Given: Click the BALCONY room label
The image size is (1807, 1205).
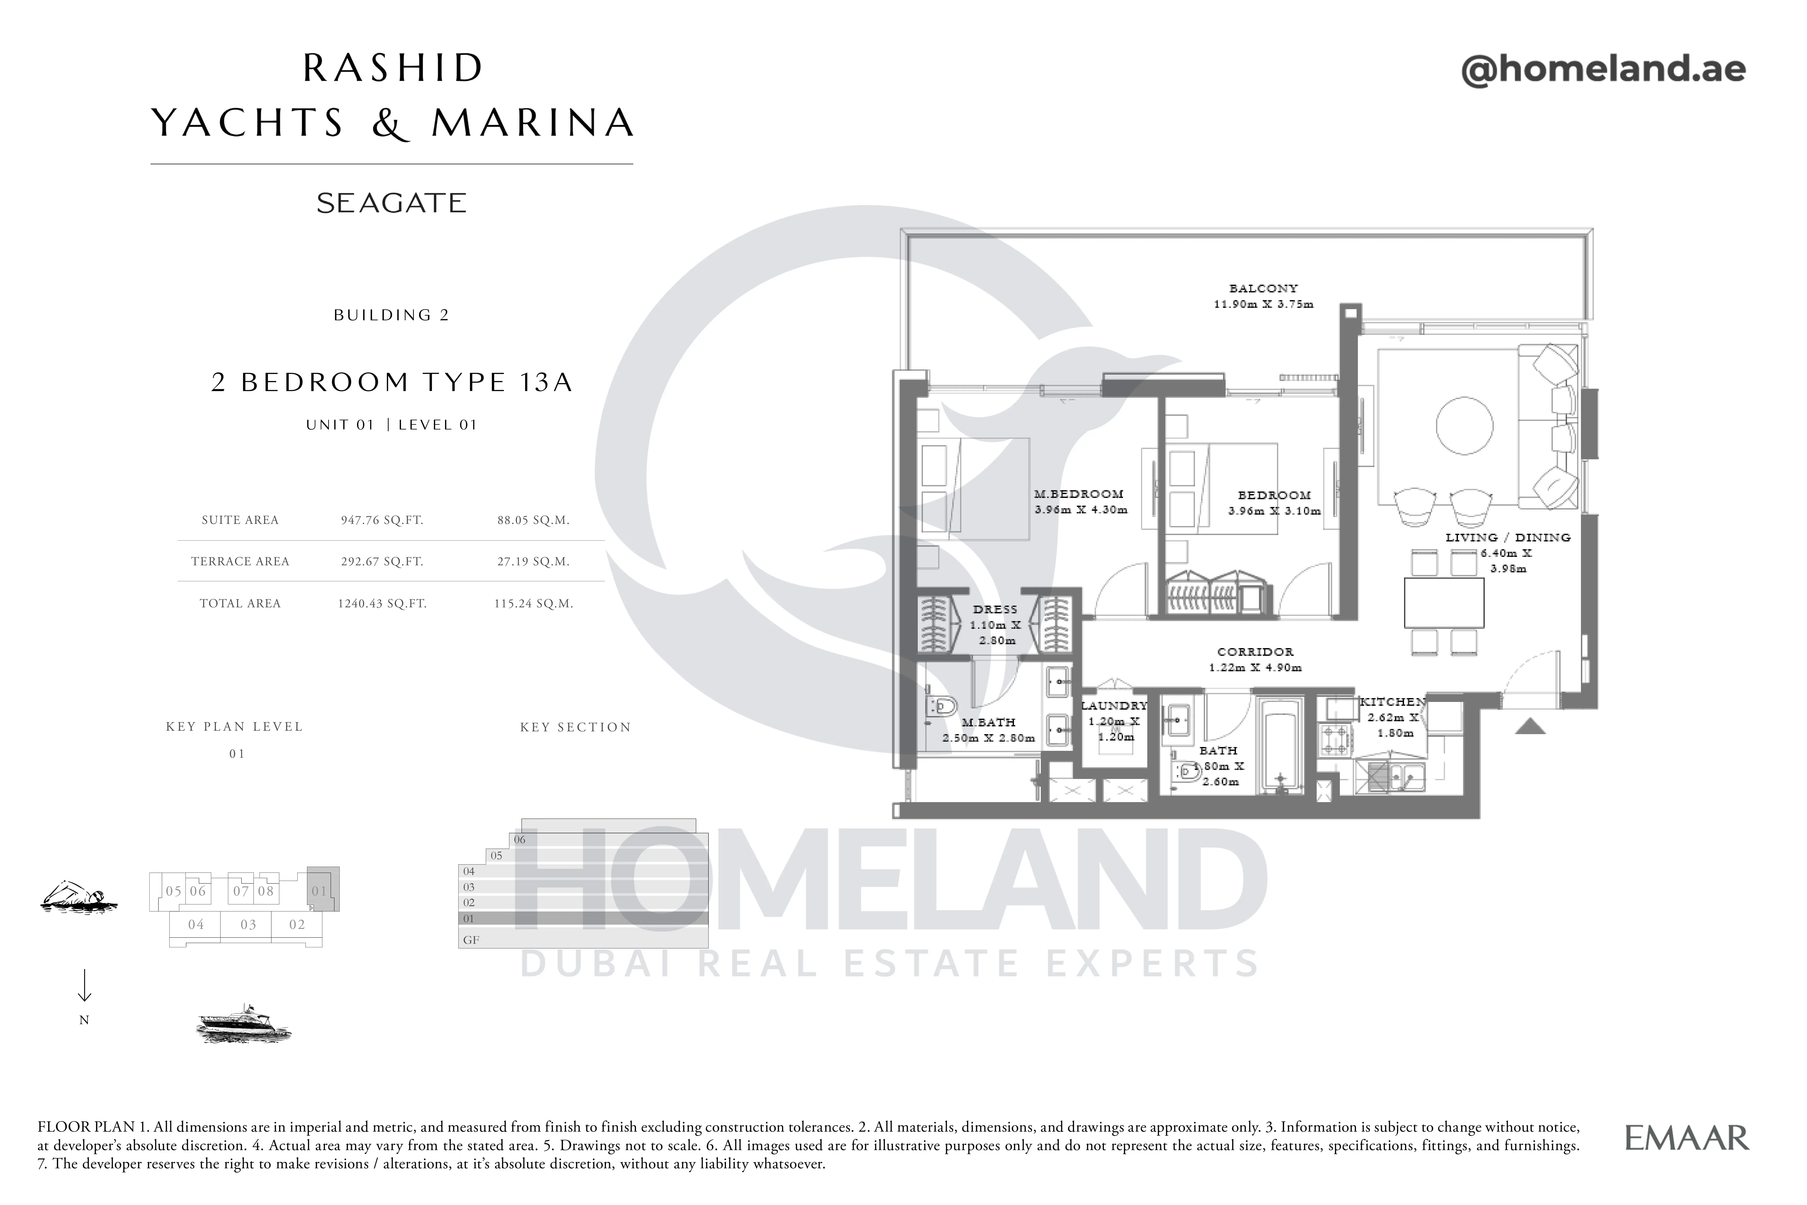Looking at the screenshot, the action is tap(1263, 288).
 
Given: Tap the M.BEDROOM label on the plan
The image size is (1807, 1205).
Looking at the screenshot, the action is tap(1079, 494).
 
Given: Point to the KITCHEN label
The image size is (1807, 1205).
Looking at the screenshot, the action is tap(1392, 702).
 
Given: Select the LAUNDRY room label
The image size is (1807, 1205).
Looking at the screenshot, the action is tap(1114, 706).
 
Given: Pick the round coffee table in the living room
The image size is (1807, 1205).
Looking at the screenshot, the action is tap(1465, 426).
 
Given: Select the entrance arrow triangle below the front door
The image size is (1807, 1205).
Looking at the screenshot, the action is tap(1530, 726).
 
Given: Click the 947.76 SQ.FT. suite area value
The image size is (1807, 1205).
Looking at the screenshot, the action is tap(382, 520).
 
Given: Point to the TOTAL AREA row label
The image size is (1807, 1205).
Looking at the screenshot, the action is tap(240, 603).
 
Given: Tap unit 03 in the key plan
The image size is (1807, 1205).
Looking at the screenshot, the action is tap(248, 924).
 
